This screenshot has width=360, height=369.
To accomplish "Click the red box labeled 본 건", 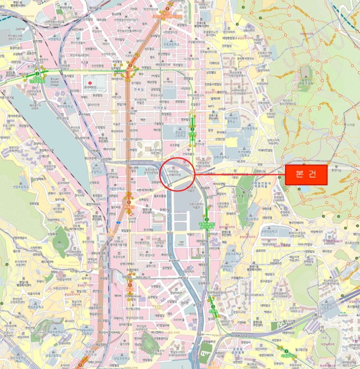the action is click(306, 174).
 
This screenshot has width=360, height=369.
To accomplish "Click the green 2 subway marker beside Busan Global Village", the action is click(37, 73).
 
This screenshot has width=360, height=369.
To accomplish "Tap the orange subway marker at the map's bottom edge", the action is click(81, 364).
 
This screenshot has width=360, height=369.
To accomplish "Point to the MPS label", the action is click(211, 106).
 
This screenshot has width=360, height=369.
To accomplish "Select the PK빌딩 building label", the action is click(154, 75).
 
